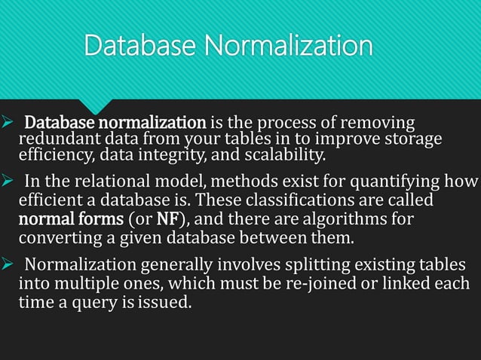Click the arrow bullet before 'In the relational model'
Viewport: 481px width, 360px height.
[x=8, y=182]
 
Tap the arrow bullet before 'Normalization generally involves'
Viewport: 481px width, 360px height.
[x=8, y=266]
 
